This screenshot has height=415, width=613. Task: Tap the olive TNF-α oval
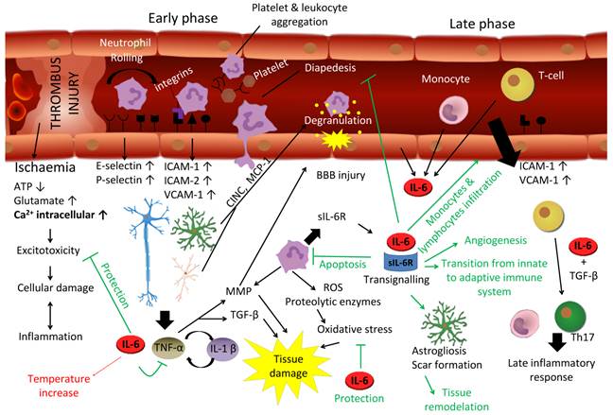click(167, 349)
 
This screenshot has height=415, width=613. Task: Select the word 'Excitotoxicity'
click(44, 251)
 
